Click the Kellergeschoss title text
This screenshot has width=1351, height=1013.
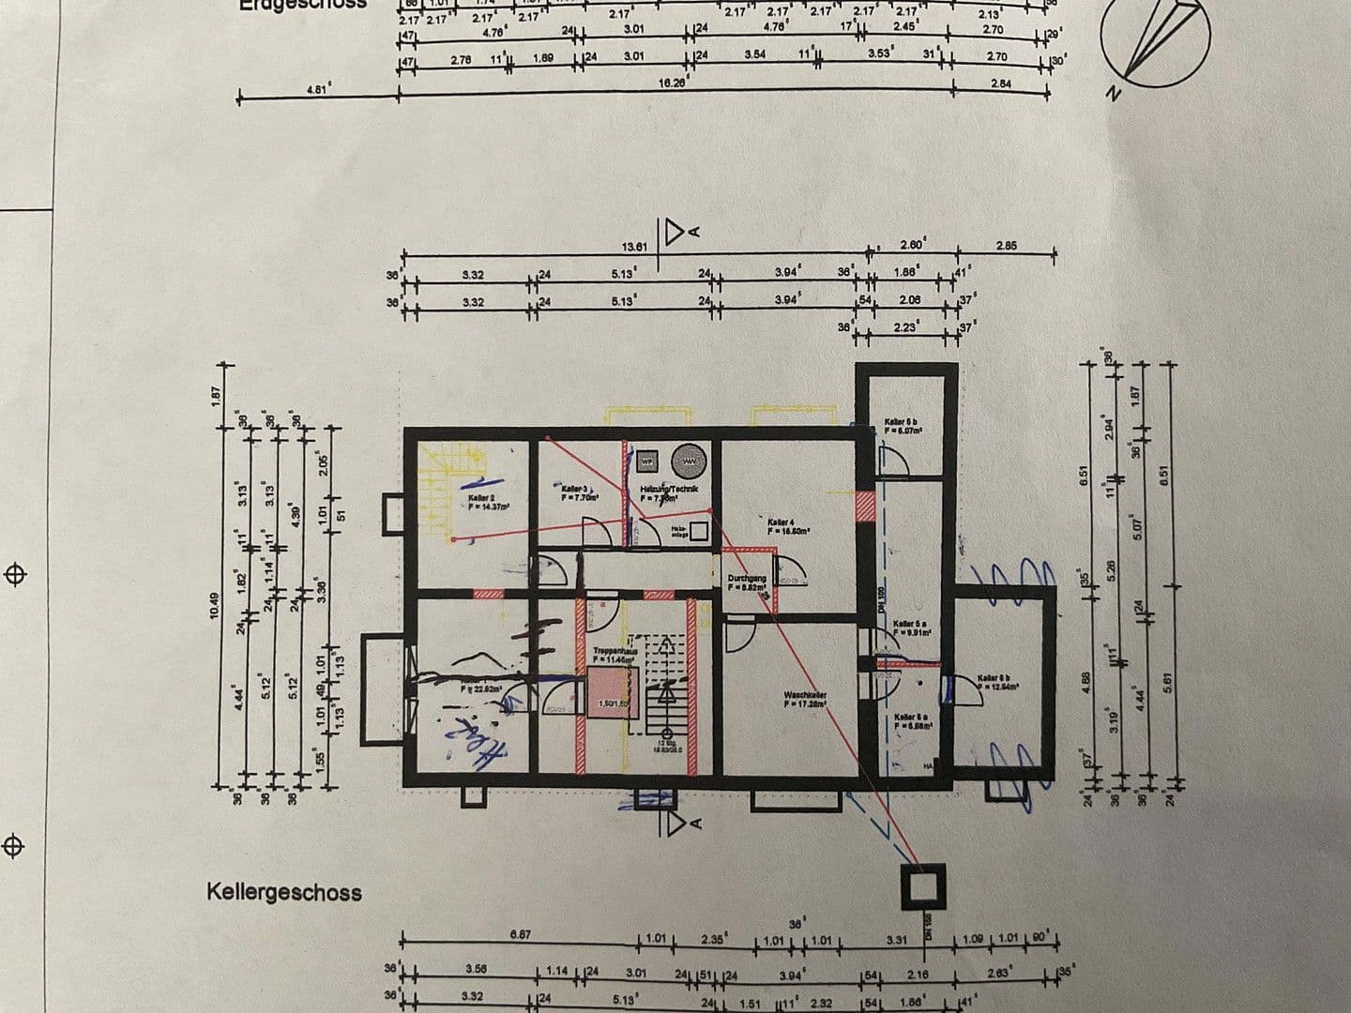click(283, 891)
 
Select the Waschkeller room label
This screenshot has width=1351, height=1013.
click(805, 699)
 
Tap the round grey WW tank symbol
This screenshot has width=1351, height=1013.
click(690, 461)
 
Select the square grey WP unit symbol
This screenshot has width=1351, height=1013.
click(647, 461)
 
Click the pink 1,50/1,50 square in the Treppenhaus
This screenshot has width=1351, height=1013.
click(612, 694)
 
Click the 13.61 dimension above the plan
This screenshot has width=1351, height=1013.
click(635, 248)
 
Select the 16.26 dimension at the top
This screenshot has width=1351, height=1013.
click(672, 83)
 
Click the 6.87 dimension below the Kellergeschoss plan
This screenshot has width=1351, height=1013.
click(522, 934)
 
